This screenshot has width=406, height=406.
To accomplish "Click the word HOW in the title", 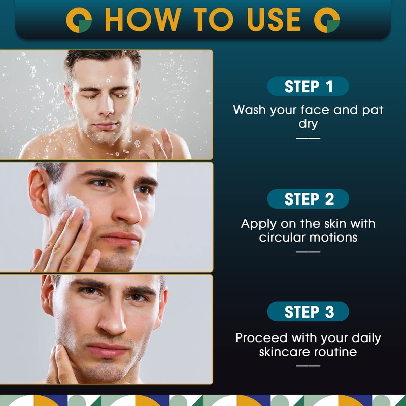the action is pos(143,19).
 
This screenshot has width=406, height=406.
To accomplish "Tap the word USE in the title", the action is pos(274,19).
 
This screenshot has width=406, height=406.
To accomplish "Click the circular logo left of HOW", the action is pos(79,20).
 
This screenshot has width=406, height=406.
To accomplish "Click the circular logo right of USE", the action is pos(327,20).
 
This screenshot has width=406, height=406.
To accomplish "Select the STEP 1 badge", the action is pos(308,86).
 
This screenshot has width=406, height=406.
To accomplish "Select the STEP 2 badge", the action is pos(308,199).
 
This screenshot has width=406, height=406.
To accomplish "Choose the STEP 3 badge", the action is pos(308,312).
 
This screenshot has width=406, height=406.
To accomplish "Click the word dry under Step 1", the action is pos(308,124).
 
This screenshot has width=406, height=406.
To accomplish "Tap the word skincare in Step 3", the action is pos(285,352).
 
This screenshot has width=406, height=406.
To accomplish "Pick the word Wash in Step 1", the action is pos(250,110).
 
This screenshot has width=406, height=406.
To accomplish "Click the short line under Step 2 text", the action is pos(308,251).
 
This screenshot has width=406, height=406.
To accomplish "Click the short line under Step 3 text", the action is pos(308,366).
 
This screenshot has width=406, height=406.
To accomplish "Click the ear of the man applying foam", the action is pos(40,192).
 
